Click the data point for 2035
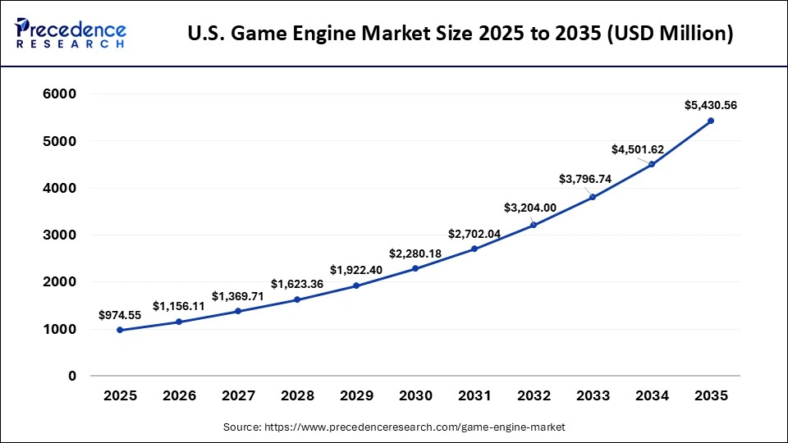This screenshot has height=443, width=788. tap(711, 121)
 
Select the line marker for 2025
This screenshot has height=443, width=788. tap(120, 330)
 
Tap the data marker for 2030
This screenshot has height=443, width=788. tap(415, 268)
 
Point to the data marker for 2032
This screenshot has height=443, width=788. tap(534, 225)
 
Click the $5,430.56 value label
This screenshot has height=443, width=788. tap(711, 105)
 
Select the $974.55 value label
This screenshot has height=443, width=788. tap(119, 315)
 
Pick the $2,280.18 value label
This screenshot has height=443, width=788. tap(415, 253)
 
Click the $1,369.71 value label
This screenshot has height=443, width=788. tap(238, 296)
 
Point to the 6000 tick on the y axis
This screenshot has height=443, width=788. tap(59, 94)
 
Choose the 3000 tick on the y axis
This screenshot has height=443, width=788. tap(59, 235)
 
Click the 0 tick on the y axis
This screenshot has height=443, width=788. tap(72, 376)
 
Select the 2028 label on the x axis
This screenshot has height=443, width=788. tap(297, 395)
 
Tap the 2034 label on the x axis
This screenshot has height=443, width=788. tap(652, 395)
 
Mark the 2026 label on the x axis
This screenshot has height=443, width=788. tap(179, 395)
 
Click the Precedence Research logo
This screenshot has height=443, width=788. tap(71, 34)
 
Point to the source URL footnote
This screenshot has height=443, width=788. tap(394, 427)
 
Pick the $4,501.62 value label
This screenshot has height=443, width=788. tap(638, 149)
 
